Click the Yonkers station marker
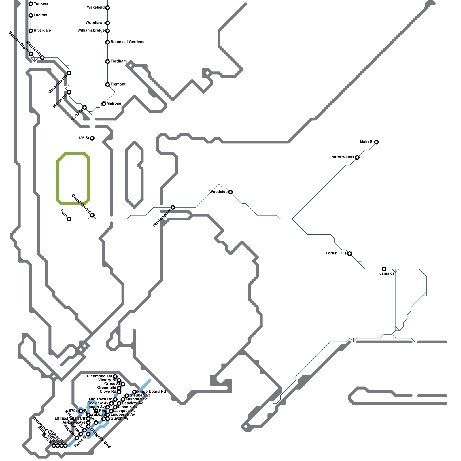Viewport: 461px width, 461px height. pos(31,4)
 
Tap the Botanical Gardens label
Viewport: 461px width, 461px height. pos(127,42)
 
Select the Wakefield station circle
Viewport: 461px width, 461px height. pos(107,7)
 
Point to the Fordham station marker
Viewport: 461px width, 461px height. pos(107,61)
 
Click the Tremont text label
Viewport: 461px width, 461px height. pos(118,84)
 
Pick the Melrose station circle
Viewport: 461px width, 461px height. pos(104,104)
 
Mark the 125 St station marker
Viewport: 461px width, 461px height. pos(92,138)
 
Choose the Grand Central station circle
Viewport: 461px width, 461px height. pos(92,215)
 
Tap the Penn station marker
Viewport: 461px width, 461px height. pos(69,219)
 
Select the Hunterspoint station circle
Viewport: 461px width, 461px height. pos(173,207)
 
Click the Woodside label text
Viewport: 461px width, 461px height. pos(218,192)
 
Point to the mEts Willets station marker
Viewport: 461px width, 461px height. pos(357,157)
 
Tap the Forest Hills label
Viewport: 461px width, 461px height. pos(336,254)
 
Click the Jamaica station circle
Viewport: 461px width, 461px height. pos(384,269)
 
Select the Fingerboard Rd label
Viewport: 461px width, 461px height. pos(152,392)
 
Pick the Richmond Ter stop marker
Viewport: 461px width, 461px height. pos(115,376)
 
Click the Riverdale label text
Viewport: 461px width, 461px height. pos(42,31)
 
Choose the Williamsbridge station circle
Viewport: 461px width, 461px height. pos(107,31)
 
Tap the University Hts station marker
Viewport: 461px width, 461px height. pos(69,73)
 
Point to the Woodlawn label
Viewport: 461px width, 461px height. pos(95,23)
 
